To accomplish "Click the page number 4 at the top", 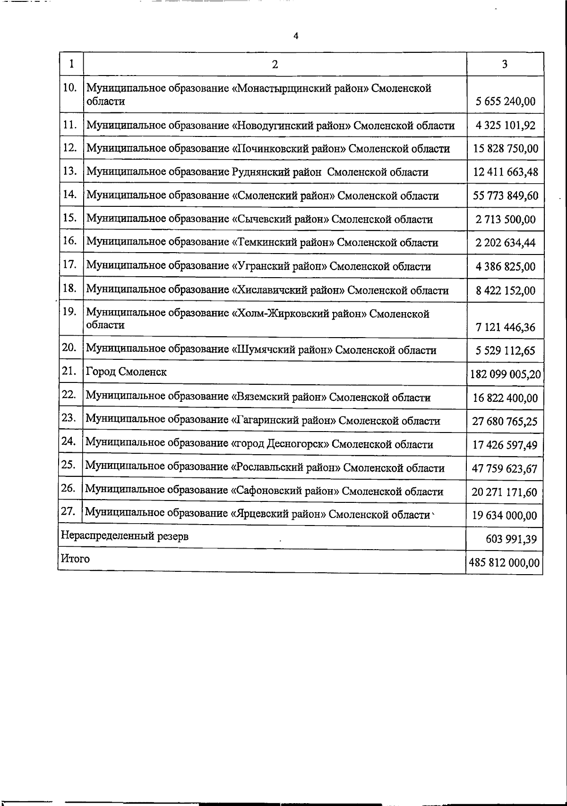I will (x=296, y=36).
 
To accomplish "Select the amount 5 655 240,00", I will (x=506, y=102).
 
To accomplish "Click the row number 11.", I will (x=69, y=125).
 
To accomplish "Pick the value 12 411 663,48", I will (x=506, y=172).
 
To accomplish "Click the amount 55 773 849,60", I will (x=506, y=196).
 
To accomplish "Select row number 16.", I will (x=69, y=241).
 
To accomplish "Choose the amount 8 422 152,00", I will (x=506, y=290).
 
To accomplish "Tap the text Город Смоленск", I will (x=126, y=372).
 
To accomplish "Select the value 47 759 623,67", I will (x=505, y=469).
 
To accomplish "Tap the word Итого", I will (x=75, y=559).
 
